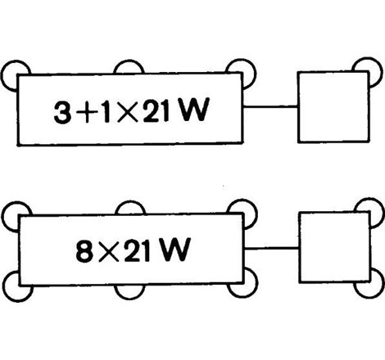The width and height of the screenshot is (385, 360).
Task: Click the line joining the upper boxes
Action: (270, 105)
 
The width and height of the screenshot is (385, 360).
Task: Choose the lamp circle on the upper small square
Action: (368, 70)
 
